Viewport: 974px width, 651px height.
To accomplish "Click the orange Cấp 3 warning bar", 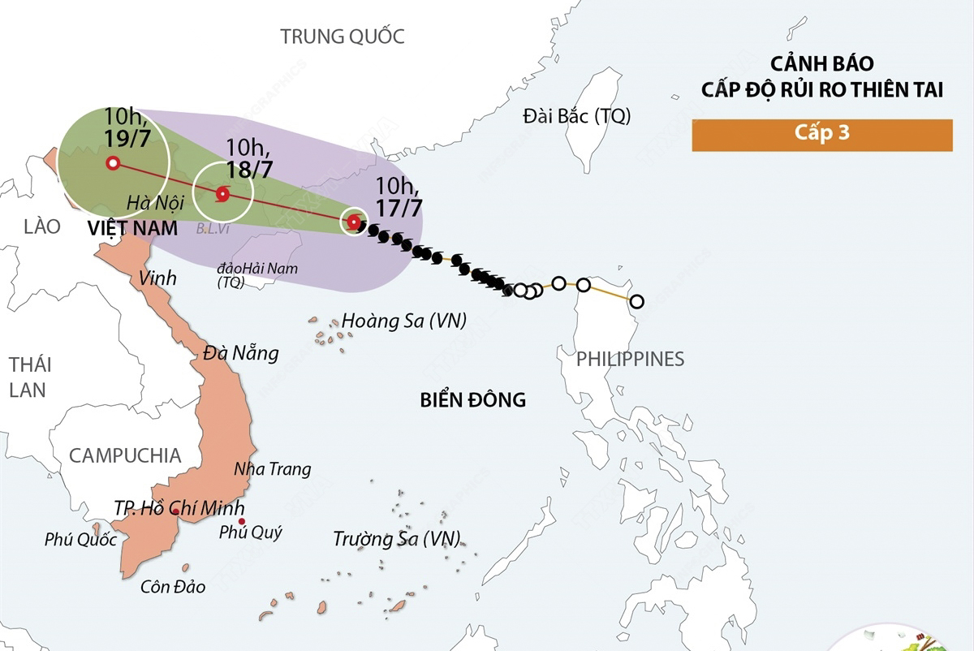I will [x=821, y=135].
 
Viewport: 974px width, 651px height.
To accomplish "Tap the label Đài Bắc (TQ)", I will [x=576, y=116].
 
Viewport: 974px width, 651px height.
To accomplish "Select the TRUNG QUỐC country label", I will [x=342, y=37].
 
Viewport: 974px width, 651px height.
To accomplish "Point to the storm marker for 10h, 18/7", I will [x=222, y=194].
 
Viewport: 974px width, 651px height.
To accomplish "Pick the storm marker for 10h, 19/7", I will [x=112, y=163].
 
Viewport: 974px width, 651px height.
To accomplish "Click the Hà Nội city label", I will [x=157, y=200].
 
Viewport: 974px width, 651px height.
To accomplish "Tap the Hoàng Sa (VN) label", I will [x=403, y=321].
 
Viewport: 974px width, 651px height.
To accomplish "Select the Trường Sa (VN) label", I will [x=397, y=538].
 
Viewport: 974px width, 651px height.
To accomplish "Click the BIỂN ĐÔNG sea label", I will [x=472, y=399].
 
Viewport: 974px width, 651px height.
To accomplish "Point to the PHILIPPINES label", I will [x=630, y=359].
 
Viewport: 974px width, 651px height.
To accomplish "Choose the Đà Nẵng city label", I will [x=241, y=353].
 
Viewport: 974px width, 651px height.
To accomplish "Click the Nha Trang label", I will [x=272, y=469].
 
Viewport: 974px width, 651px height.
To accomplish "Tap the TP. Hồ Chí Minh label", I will [x=179, y=509].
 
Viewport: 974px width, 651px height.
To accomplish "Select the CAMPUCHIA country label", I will [x=125, y=455].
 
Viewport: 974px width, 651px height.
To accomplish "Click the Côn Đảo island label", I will [x=173, y=587].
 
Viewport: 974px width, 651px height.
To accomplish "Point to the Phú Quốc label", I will [x=80, y=540].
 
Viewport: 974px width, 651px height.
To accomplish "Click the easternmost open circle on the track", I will [x=636, y=302].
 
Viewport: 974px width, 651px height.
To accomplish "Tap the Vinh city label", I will [x=157, y=278].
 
